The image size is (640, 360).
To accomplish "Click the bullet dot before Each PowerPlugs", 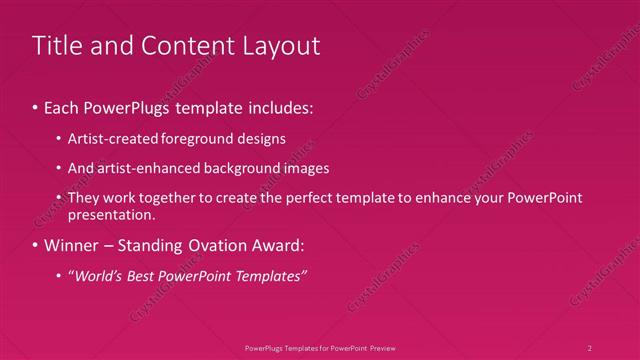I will click(x=36, y=105).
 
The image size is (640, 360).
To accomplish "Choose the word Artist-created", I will click(x=110, y=138).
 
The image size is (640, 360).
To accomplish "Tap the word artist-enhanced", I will click(x=139, y=168).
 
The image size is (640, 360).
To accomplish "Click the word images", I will click(x=302, y=168).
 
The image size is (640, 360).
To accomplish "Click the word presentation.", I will click(x=111, y=214).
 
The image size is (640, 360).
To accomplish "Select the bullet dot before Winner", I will click(x=36, y=245).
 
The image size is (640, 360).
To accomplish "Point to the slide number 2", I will click(x=590, y=347).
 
